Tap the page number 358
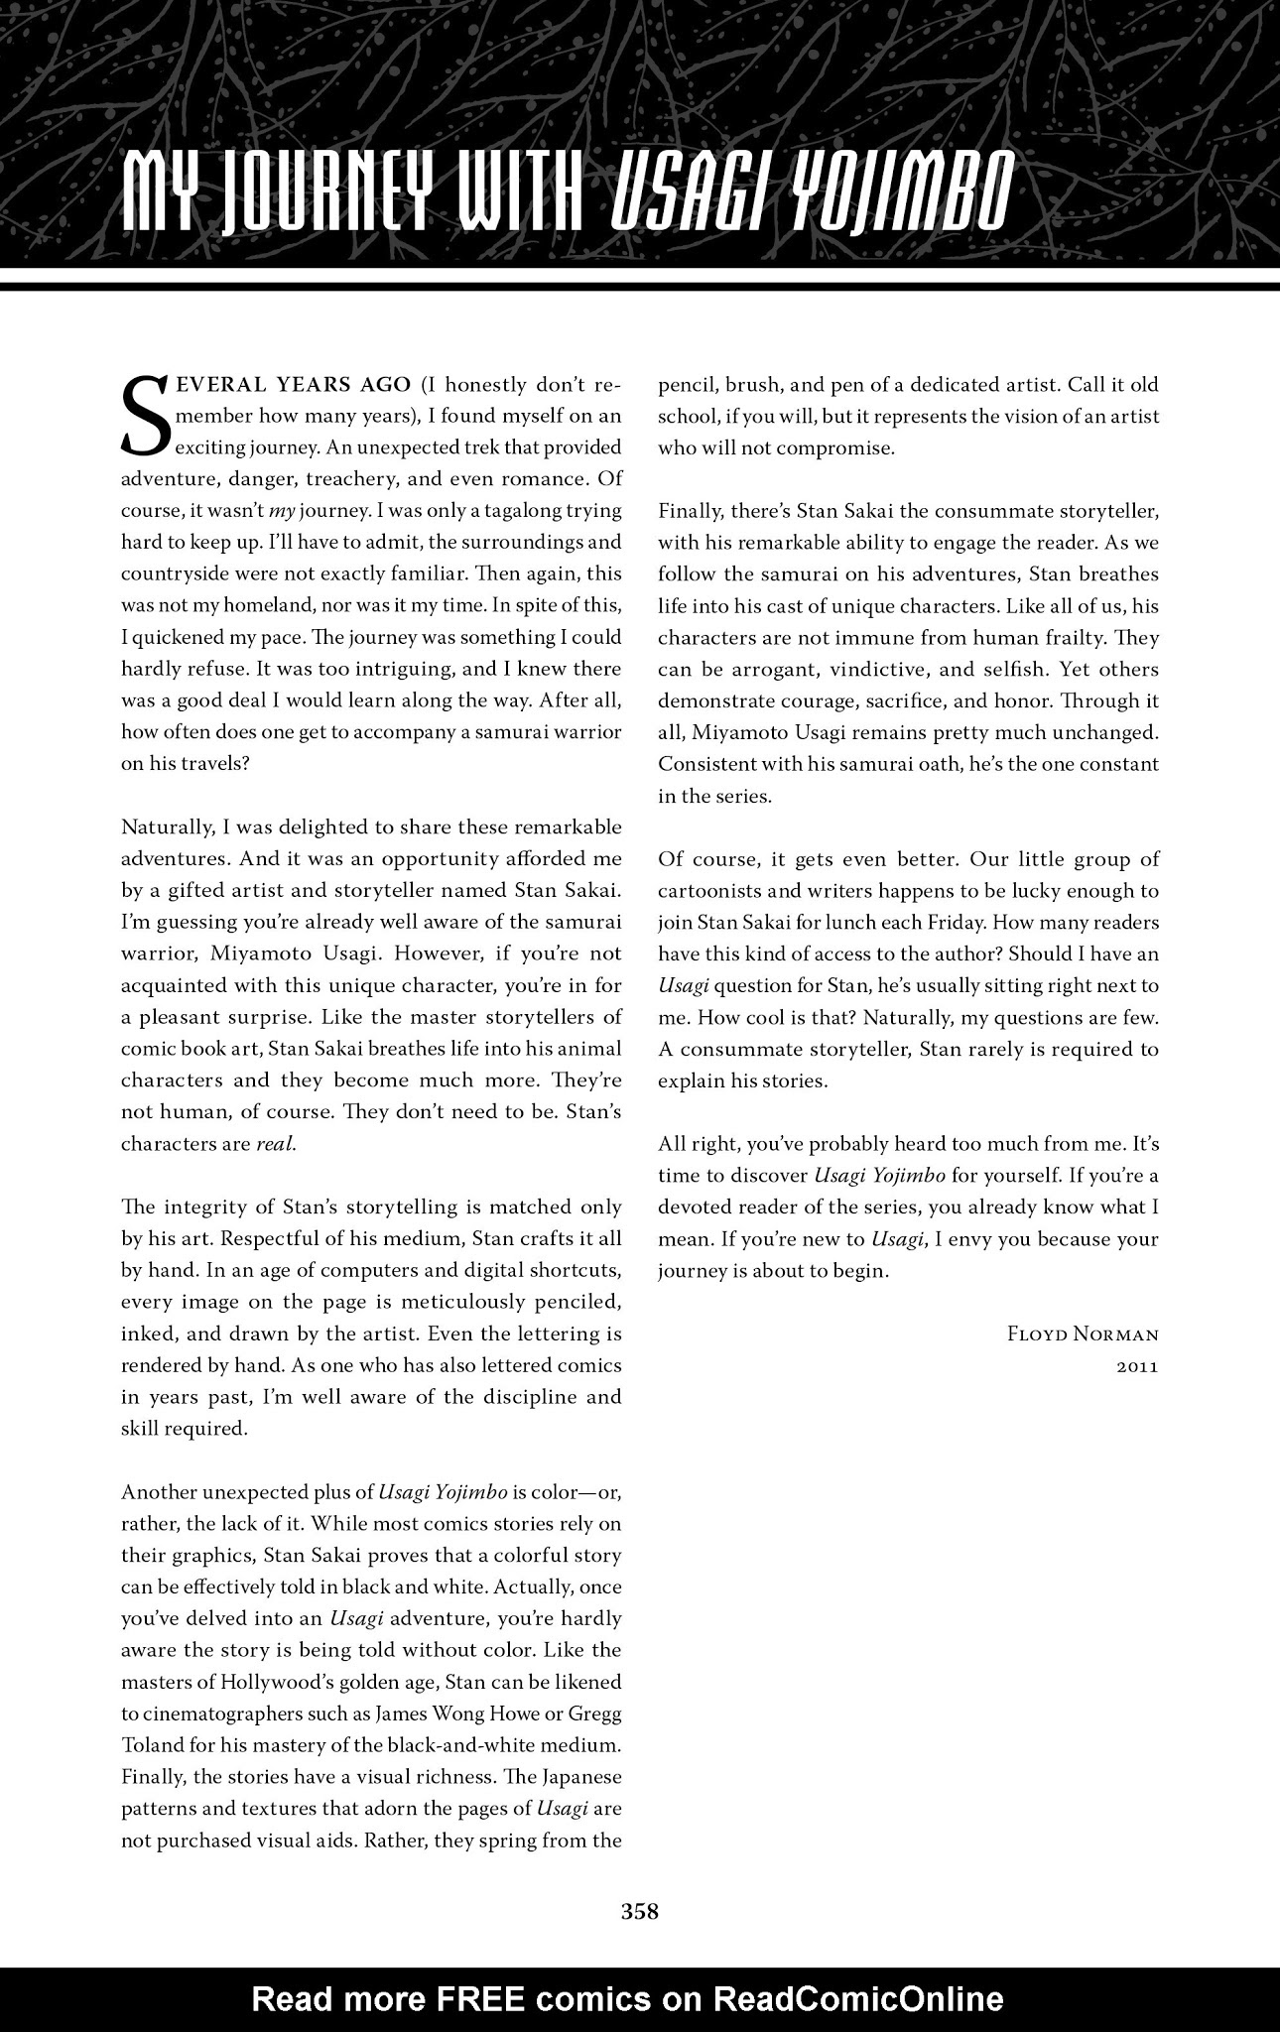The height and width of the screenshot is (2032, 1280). (640, 1912)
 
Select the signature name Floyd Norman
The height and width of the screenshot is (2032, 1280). (1083, 1335)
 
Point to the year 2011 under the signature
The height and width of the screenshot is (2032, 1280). (1137, 1366)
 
